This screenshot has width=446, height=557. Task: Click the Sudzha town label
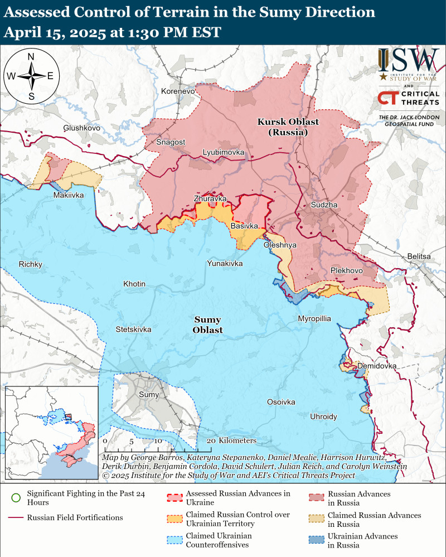pyautogui.click(x=324, y=205)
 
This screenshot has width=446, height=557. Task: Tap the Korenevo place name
pyautogui.click(x=177, y=91)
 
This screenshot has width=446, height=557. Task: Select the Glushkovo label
pyautogui.click(x=81, y=128)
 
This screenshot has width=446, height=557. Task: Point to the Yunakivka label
pyautogui.click(x=225, y=263)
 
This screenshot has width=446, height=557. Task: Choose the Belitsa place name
pyautogui.click(x=419, y=256)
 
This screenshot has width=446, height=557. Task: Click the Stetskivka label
pyautogui.click(x=133, y=329)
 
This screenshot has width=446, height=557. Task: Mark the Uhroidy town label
pyautogui.click(x=324, y=416)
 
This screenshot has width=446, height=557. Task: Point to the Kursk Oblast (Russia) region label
pyautogui.click(x=283, y=127)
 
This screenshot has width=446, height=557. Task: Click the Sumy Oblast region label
pyautogui.click(x=207, y=324)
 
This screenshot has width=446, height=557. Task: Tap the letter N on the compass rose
pyautogui.click(x=31, y=56)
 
